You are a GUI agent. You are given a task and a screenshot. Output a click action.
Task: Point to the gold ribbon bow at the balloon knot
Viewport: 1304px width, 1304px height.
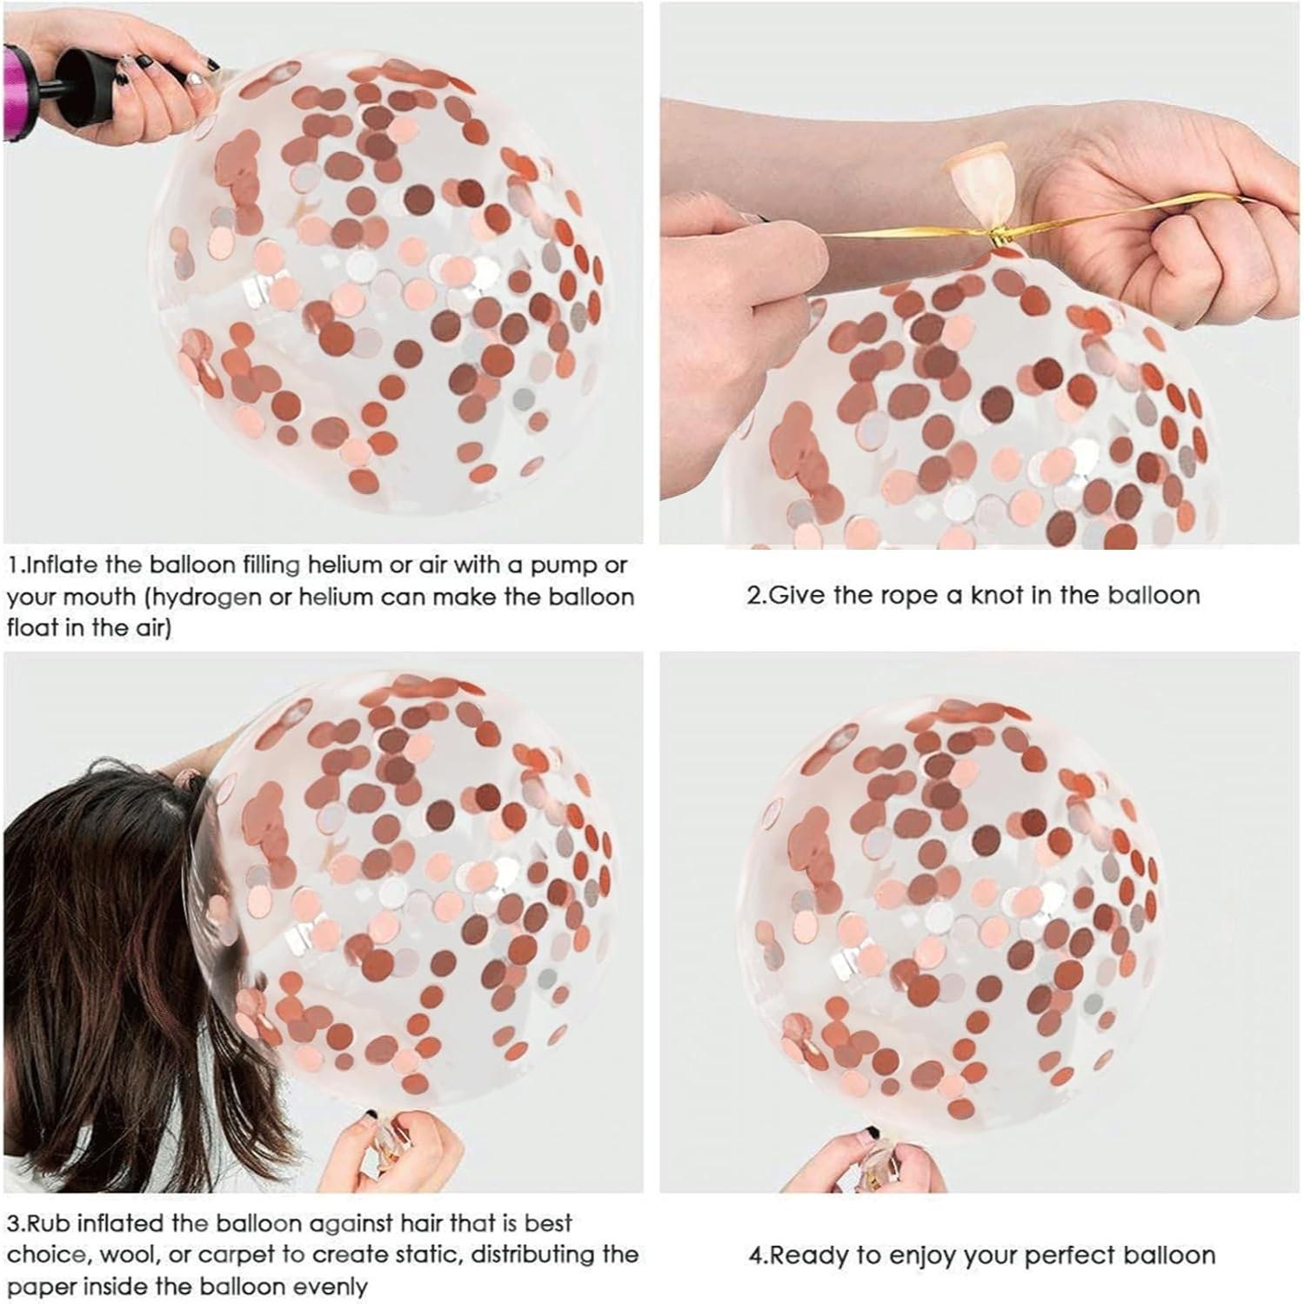point(994,237)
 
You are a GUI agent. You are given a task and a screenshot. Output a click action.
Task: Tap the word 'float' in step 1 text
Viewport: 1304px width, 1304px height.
point(30,628)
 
